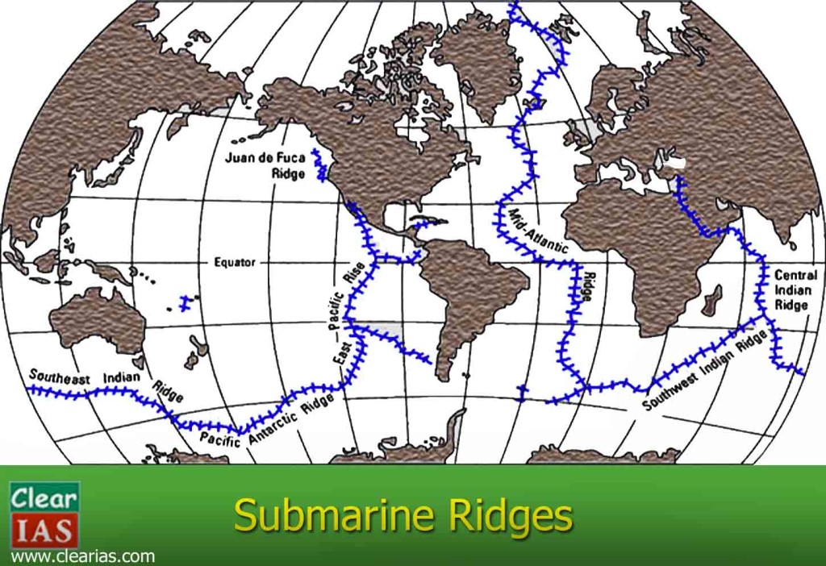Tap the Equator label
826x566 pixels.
tap(235, 262)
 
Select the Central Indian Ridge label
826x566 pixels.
tap(795, 289)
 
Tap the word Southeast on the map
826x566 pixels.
tap(61, 377)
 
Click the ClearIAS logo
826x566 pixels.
tap(44, 514)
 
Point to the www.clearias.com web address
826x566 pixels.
tap(82, 556)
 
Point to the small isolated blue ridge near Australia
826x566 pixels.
tap(188, 304)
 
